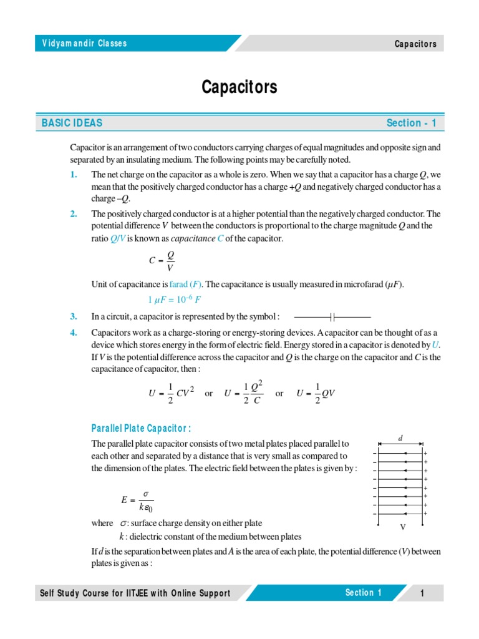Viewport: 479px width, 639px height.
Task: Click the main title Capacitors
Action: [x=239, y=87]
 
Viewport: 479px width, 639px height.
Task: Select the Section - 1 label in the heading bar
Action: [x=411, y=123]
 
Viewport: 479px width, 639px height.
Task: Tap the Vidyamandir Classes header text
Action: [x=84, y=43]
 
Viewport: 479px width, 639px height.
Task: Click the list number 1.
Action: [x=74, y=175]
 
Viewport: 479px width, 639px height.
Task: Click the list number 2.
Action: [x=74, y=214]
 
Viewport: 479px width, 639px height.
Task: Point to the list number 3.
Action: [x=74, y=316]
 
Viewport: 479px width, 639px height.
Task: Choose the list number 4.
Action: [x=74, y=332]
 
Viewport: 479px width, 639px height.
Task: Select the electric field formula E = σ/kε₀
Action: [x=137, y=499]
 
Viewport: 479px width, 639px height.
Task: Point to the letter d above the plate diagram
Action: [x=400, y=437]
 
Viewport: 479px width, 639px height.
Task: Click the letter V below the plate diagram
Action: [x=402, y=527]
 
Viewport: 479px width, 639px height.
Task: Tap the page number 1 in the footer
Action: [x=422, y=593]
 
